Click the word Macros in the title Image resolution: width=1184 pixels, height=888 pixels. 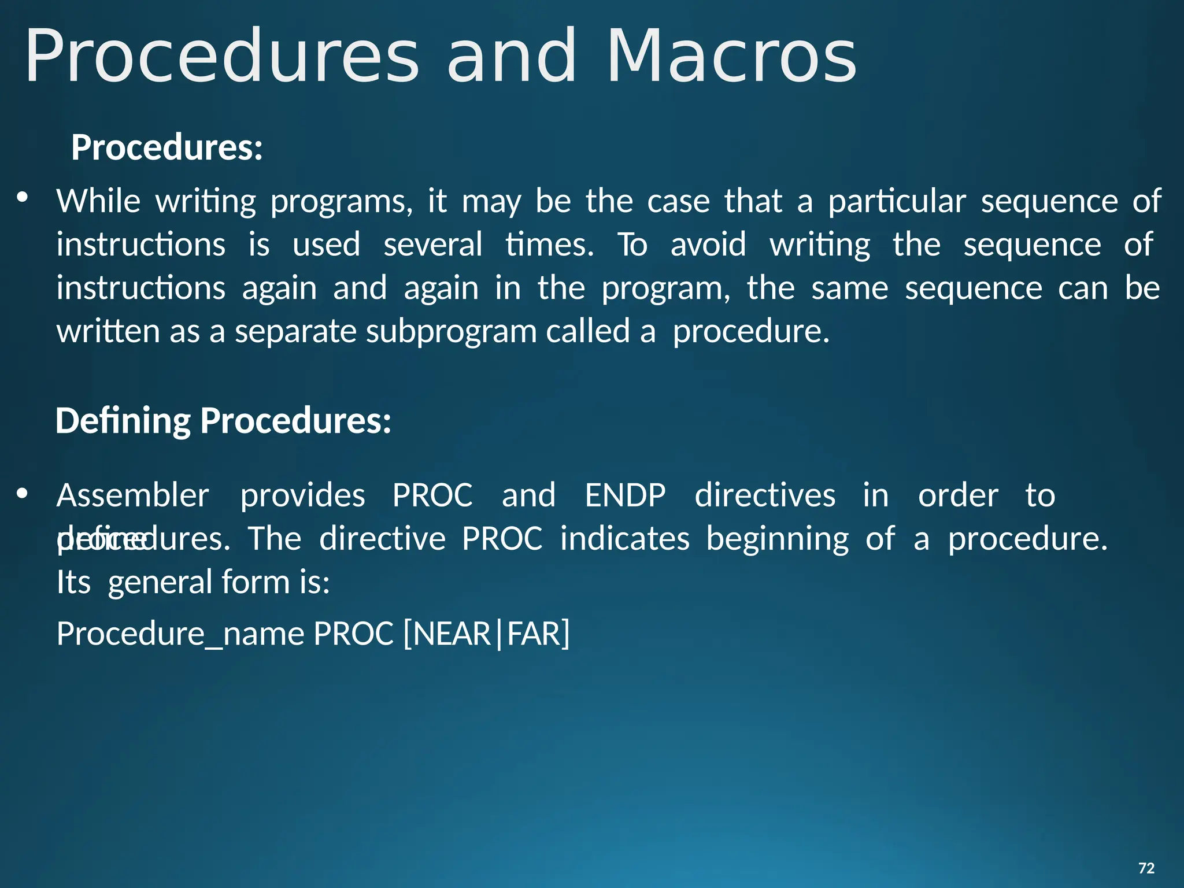tap(731, 56)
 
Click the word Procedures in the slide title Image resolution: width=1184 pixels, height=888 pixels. tap(222, 56)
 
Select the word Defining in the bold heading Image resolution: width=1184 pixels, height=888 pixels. tap(123, 420)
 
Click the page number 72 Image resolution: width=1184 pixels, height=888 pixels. tap(1146, 868)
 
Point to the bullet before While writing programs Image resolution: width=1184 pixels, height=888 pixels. tap(23, 198)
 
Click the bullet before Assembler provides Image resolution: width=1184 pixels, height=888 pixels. tap(23, 493)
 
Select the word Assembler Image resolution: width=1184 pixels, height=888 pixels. tap(132, 495)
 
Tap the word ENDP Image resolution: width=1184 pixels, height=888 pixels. tap(625, 495)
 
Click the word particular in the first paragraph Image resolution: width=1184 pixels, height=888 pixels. tap(897, 202)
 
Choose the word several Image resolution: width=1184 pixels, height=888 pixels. tap(432, 245)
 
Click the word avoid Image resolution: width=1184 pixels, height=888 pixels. tap(708, 245)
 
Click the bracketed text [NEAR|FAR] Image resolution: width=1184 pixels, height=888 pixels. tap(486, 634)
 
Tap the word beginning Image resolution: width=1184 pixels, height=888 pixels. tap(778, 539)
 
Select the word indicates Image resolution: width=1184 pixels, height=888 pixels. tap(625, 538)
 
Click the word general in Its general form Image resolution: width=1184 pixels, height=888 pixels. tap(160, 582)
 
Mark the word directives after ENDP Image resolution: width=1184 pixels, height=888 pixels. tap(765, 495)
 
